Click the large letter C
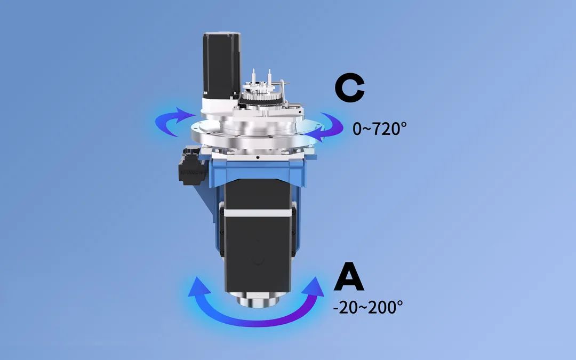[349, 89]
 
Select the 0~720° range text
[379, 129]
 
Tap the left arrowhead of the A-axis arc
[198, 286]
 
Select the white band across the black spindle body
[257, 212]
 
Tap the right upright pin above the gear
[270, 76]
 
